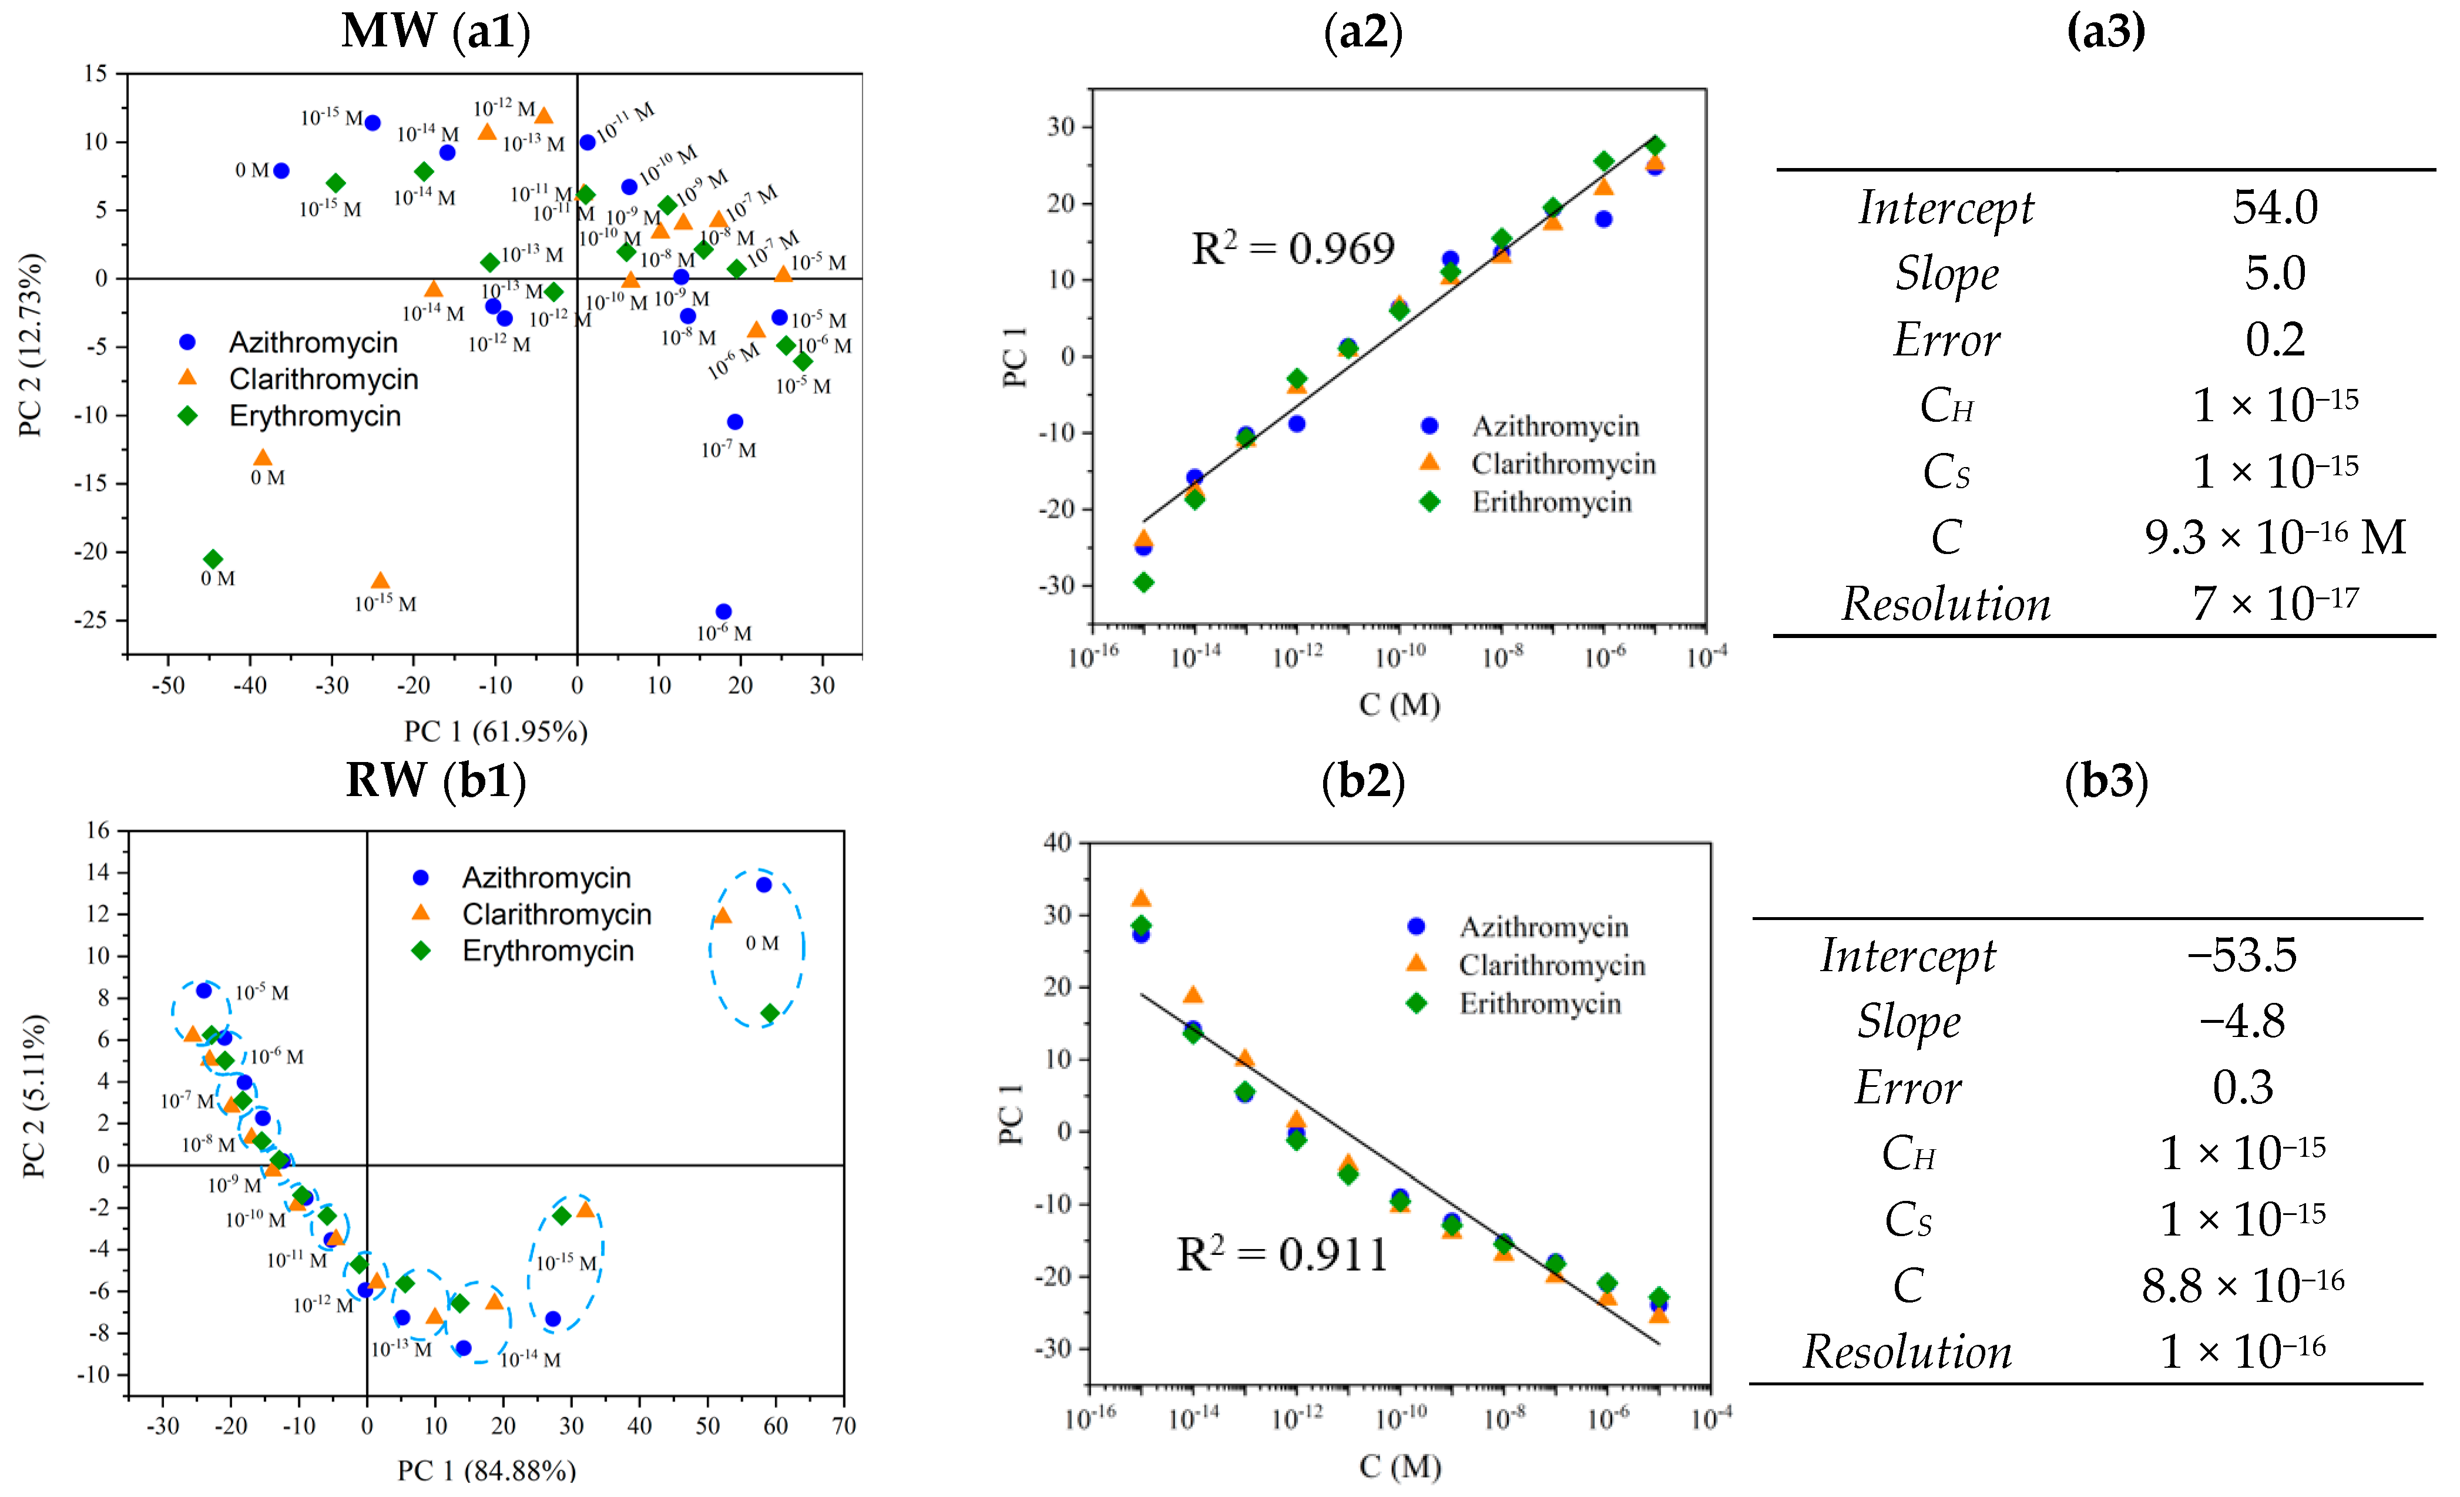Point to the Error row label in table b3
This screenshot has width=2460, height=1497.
[1907, 1087]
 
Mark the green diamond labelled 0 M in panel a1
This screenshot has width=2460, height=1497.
[213, 559]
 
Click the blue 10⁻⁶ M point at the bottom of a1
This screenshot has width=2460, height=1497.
[724, 611]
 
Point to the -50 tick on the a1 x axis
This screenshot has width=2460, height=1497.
[167, 686]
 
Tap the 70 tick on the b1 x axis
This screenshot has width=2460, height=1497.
[844, 1425]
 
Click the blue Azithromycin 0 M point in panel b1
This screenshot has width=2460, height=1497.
[764, 885]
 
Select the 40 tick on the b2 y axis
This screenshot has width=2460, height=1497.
[1056, 842]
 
